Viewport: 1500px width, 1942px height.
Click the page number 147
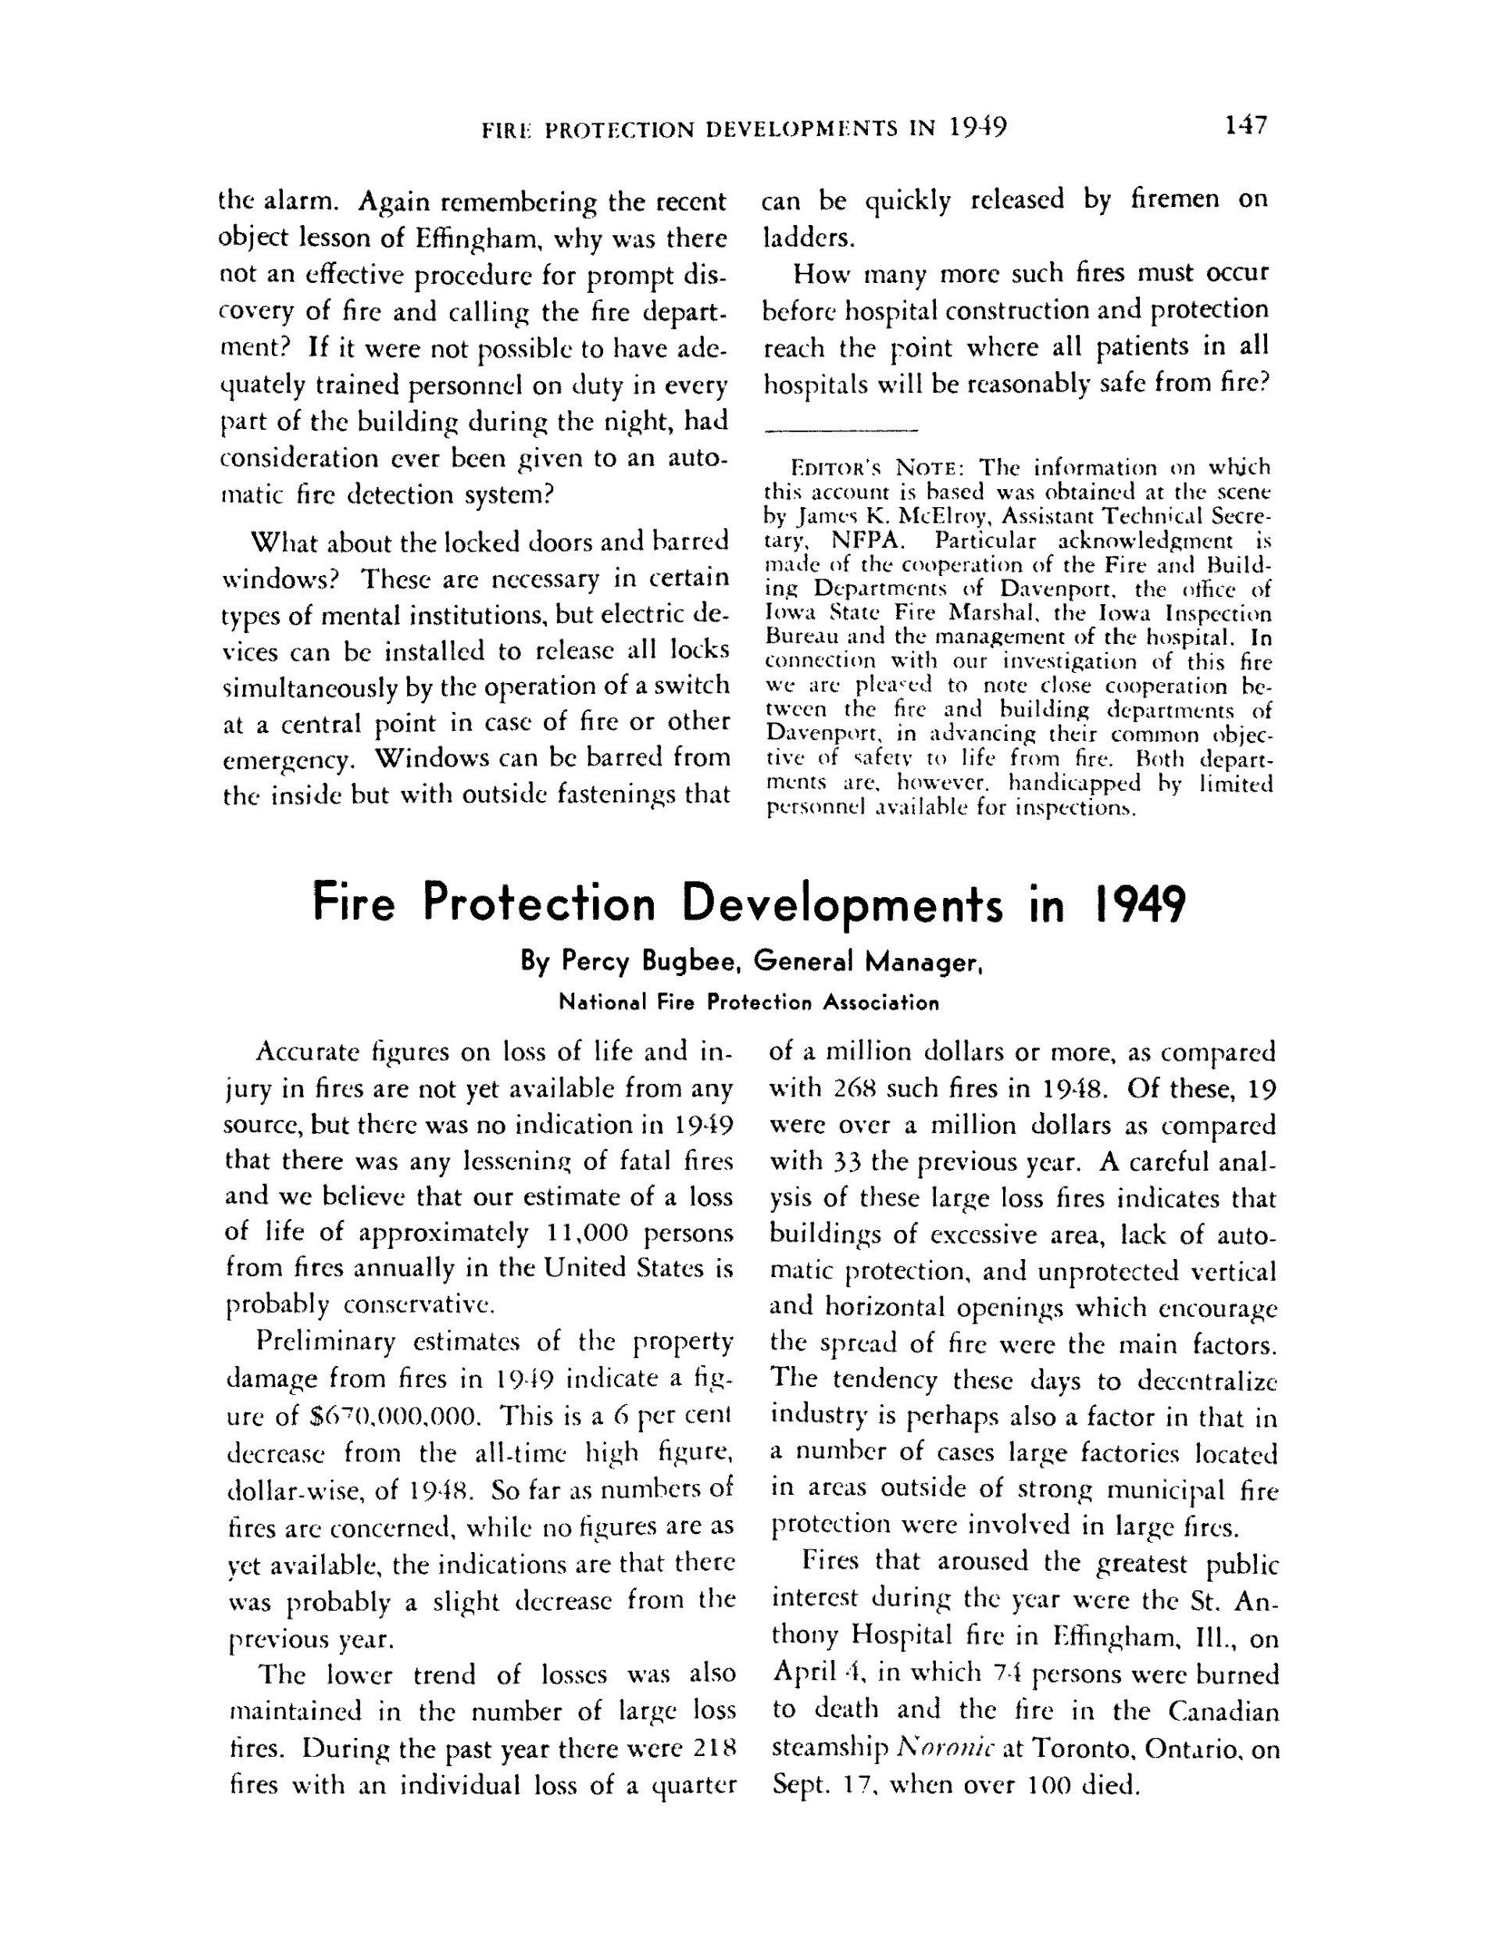pos(1244,127)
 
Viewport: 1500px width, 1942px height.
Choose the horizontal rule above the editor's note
pos(841,432)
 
